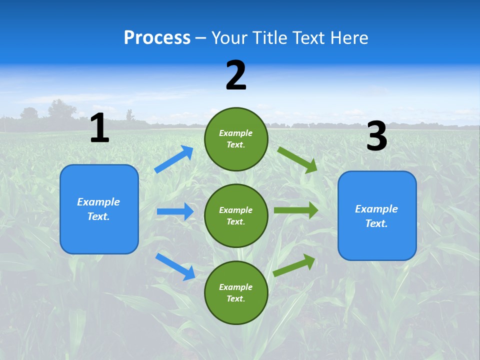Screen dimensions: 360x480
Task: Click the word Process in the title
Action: (x=157, y=38)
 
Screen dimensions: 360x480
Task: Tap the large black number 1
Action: (x=99, y=128)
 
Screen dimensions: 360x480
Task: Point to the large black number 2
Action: (x=236, y=75)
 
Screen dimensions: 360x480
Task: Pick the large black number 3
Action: (x=376, y=136)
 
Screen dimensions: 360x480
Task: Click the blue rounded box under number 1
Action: (x=99, y=209)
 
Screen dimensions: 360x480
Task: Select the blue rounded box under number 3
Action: (x=377, y=215)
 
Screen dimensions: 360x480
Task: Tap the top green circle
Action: (x=236, y=139)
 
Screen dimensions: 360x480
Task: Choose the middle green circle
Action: (x=236, y=215)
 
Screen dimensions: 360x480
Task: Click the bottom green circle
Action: (x=236, y=292)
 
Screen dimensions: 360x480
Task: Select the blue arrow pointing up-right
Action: (x=174, y=159)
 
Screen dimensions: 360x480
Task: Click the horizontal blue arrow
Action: (x=175, y=211)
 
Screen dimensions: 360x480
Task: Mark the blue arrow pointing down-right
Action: (x=175, y=266)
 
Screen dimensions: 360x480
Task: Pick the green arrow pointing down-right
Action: (x=297, y=159)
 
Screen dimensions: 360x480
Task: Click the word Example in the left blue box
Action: (x=98, y=202)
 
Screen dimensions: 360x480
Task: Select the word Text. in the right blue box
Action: (x=376, y=223)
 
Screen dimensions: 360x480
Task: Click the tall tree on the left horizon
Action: (x=61, y=110)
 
